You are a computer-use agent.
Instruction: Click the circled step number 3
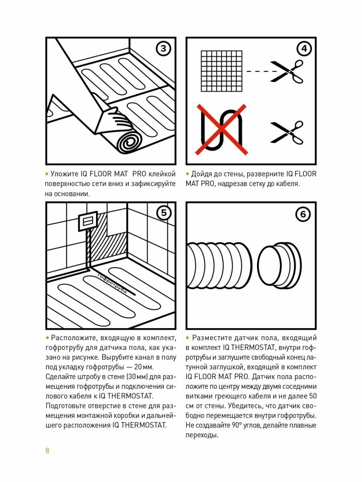(x=163, y=49)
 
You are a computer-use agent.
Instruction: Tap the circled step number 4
(x=304, y=49)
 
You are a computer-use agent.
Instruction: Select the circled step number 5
(x=164, y=213)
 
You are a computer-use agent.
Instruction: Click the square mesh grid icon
(x=222, y=71)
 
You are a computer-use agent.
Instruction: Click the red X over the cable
(x=221, y=129)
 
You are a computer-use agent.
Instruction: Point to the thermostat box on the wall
(x=88, y=221)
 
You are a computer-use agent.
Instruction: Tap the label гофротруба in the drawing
(x=112, y=284)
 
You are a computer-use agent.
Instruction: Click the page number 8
(x=47, y=450)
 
